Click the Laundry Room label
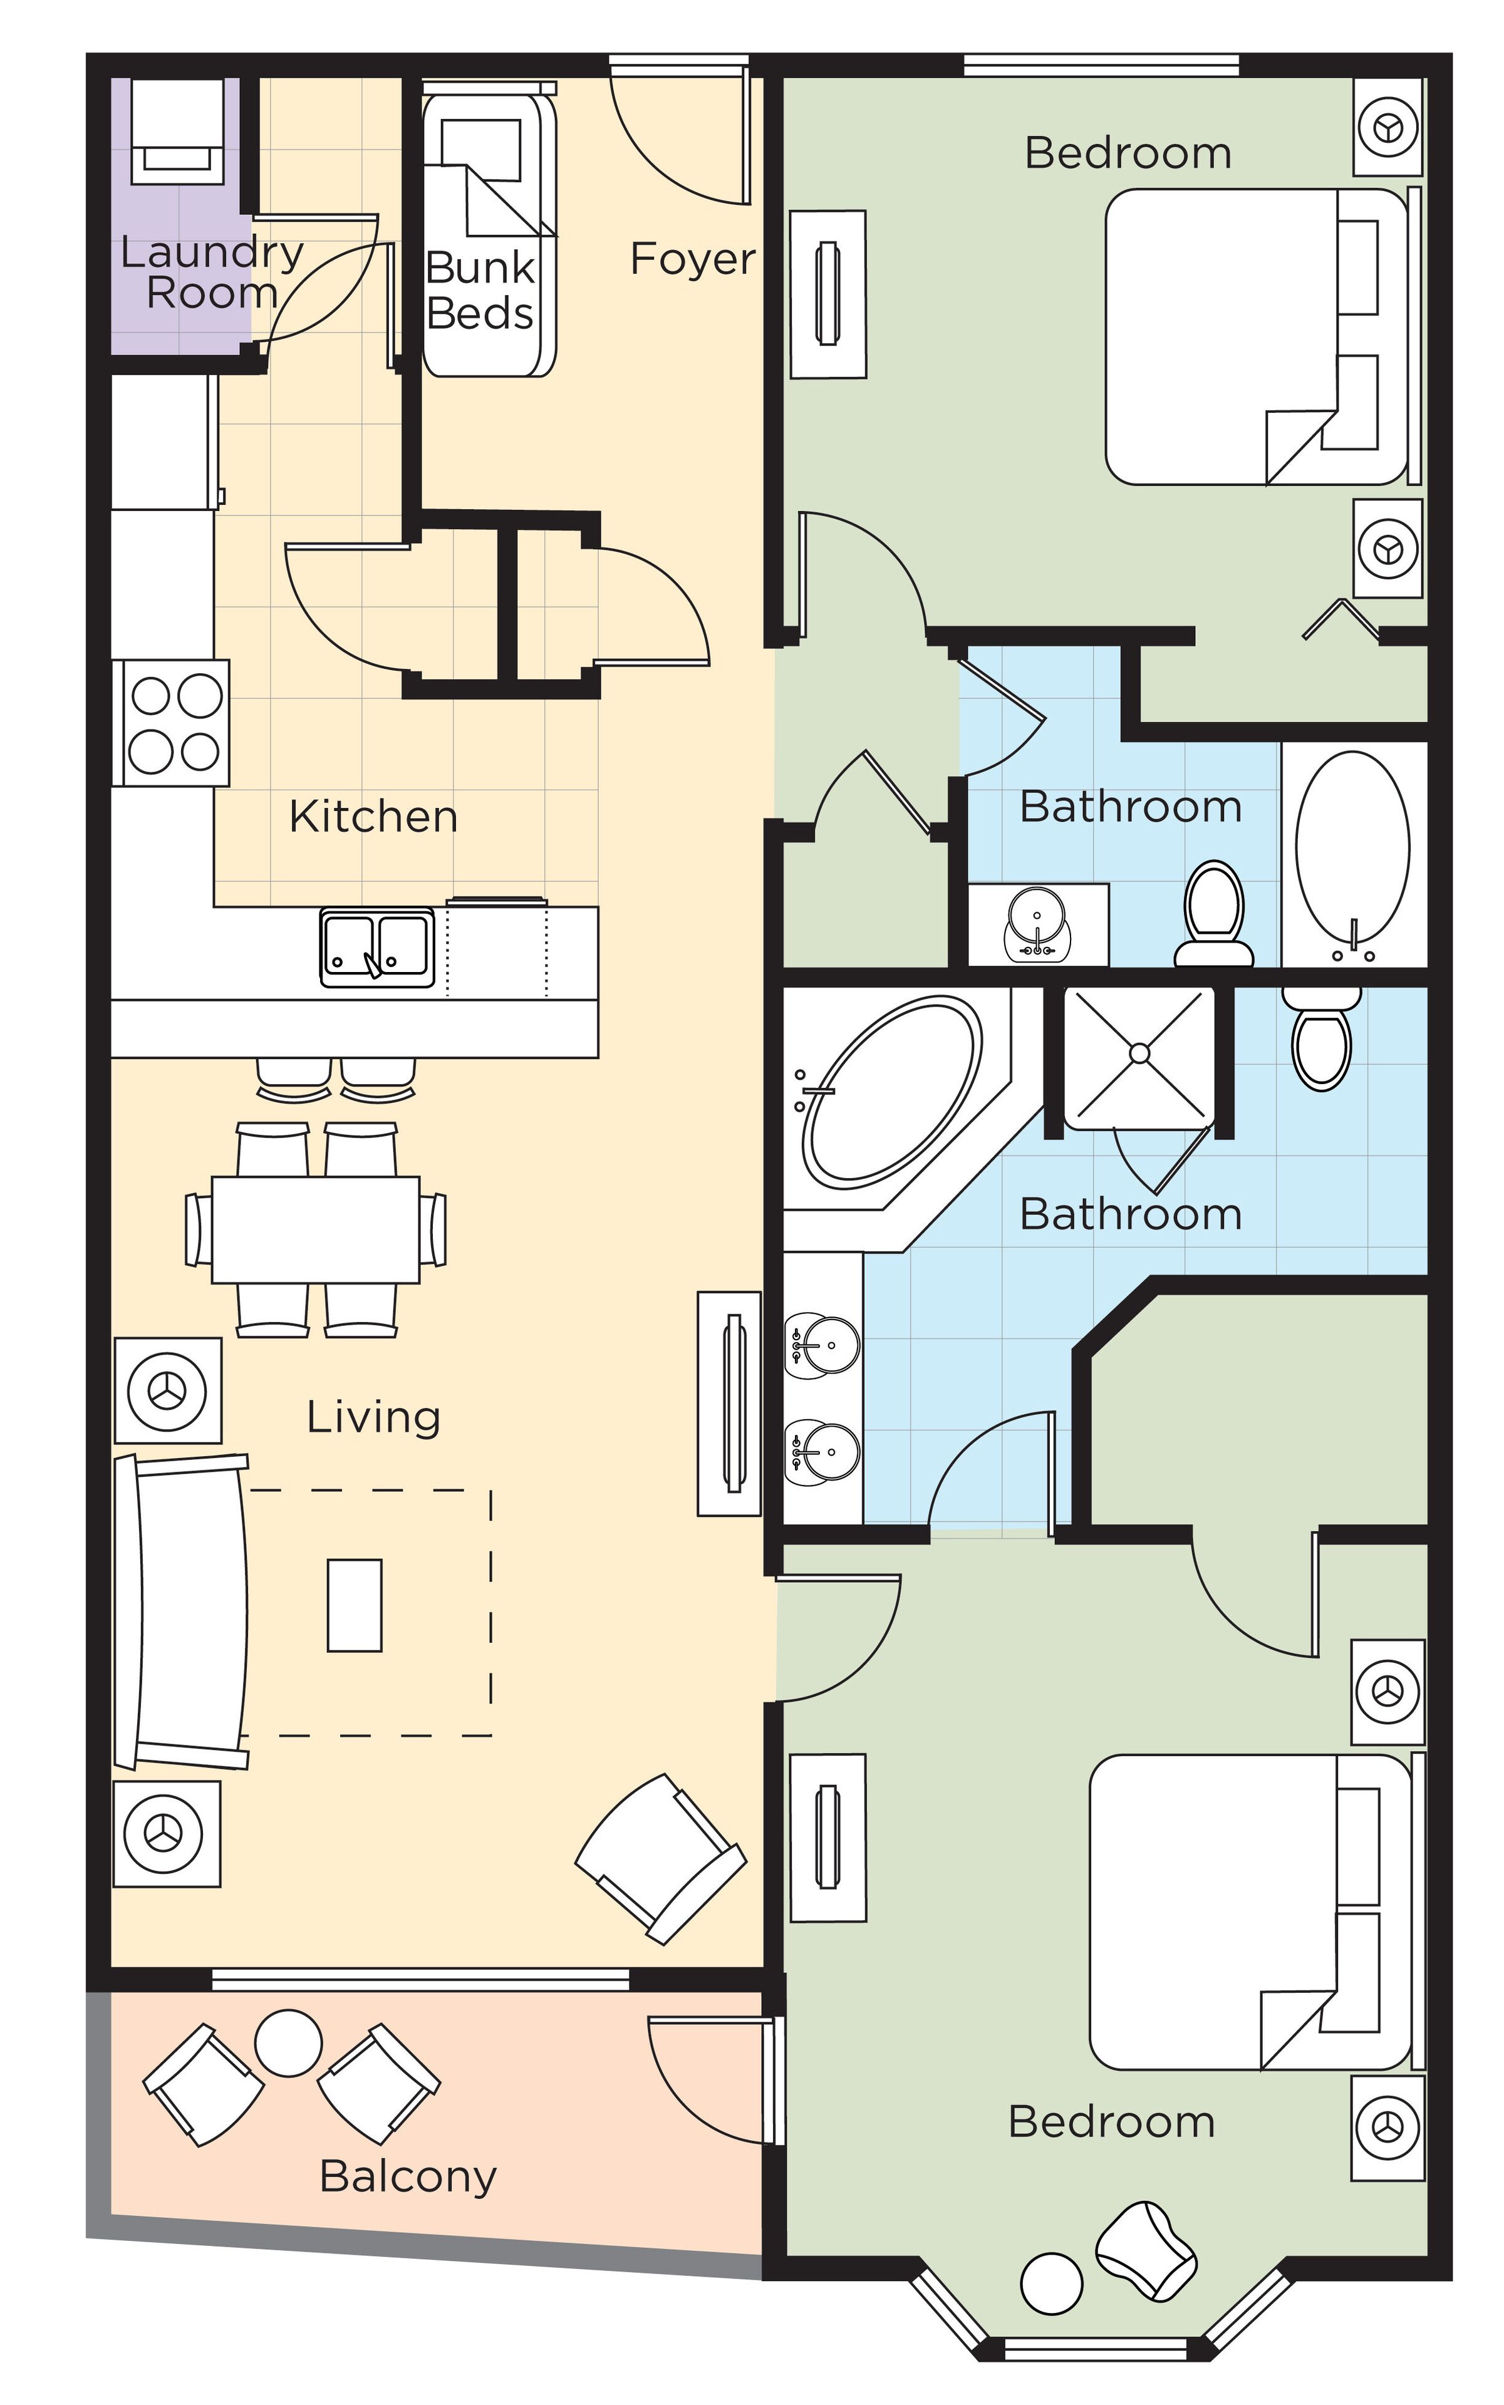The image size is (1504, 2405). point(211,272)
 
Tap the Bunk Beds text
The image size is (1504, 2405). point(479,291)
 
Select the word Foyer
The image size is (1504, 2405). point(692,259)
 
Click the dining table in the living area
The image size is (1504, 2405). point(315,1229)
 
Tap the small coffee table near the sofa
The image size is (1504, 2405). point(354,1605)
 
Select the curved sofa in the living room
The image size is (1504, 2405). point(184,1612)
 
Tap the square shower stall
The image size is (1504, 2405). point(1140,1057)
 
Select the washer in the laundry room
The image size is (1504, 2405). point(178,132)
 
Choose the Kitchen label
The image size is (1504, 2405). point(373,817)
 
